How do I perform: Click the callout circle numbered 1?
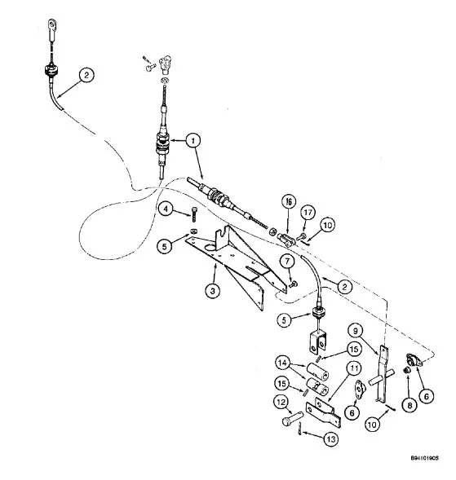pyautogui.click(x=193, y=141)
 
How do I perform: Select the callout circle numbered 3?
pyautogui.click(x=213, y=290)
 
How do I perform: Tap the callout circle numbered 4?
pyautogui.click(x=166, y=209)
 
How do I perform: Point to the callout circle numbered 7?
pyautogui.click(x=287, y=262)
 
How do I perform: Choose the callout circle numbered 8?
pyautogui.click(x=410, y=405)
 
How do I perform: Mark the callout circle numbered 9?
pyautogui.click(x=356, y=331)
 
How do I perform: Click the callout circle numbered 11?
pyautogui.click(x=354, y=368)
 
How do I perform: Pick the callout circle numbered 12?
pyautogui.click(x=281, y=403)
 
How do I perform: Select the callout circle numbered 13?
pyautogui.click(x=330, y=439)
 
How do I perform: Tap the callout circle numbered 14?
pyautogui.click(x=282, y=363)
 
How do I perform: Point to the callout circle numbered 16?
pyautogui.click(x=289, y=202)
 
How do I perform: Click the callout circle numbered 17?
pyautogui.click(x=308, y=213)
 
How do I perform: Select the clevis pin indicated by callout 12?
pyautogui.click(x=292, y=418)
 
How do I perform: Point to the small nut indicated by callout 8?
pyautogui.click(x=407, y=371)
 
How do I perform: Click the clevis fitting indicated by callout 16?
pyautogui.click(x=286, y=240)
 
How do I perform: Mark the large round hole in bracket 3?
pyautogui.click(x=210, y=247)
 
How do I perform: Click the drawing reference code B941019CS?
pyautogui.click(x=424, y=458)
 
